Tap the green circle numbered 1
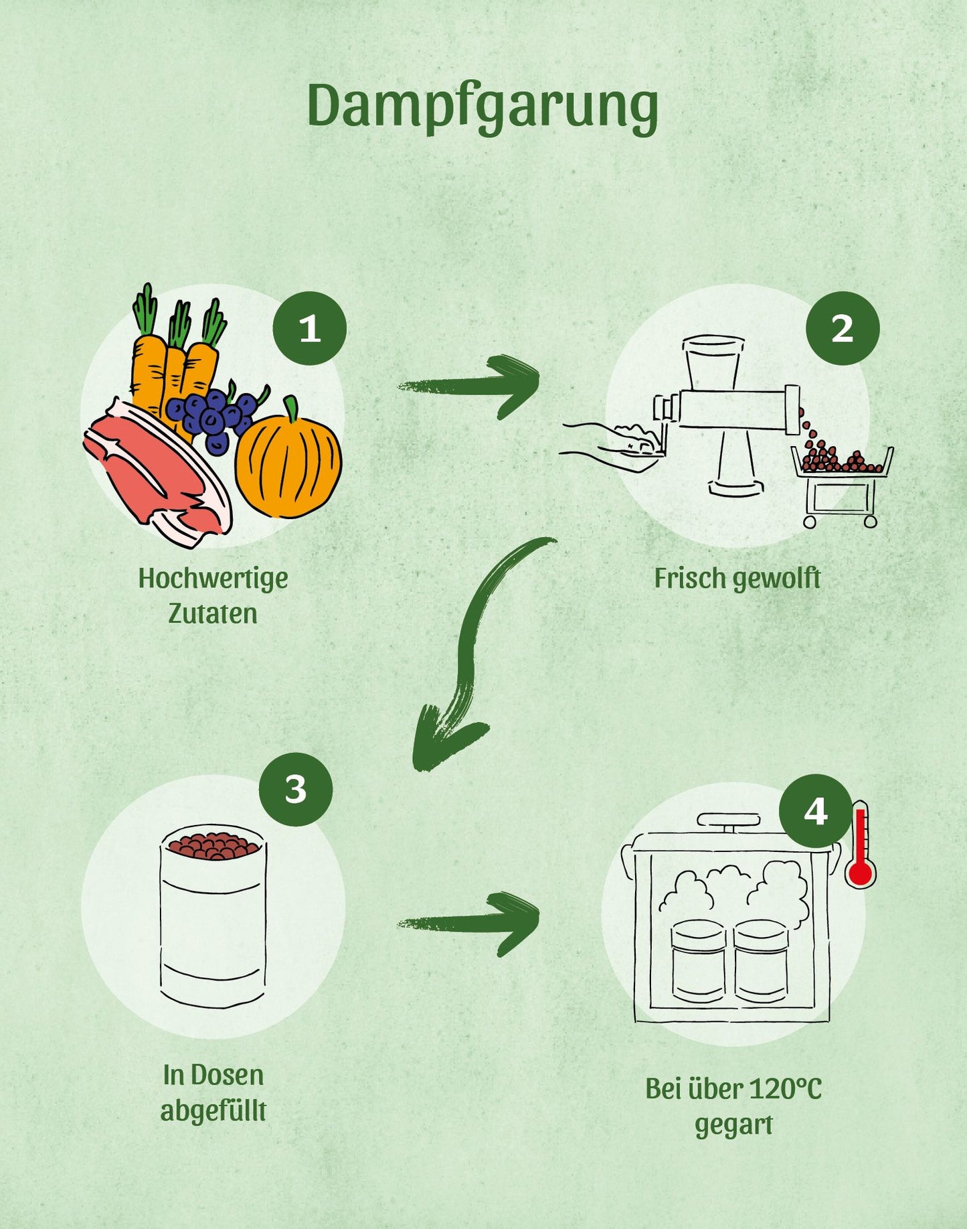(309, 328)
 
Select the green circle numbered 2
(842, 328)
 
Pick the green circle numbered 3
(296, 789)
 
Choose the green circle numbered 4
(815, 811)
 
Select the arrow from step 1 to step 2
(472, 386)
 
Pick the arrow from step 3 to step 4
(472, 923)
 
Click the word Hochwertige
(213, 578)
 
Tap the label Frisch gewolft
(737, 579)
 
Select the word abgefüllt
(213, 1110)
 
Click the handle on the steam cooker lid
(729, 820)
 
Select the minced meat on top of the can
(213, 845)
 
